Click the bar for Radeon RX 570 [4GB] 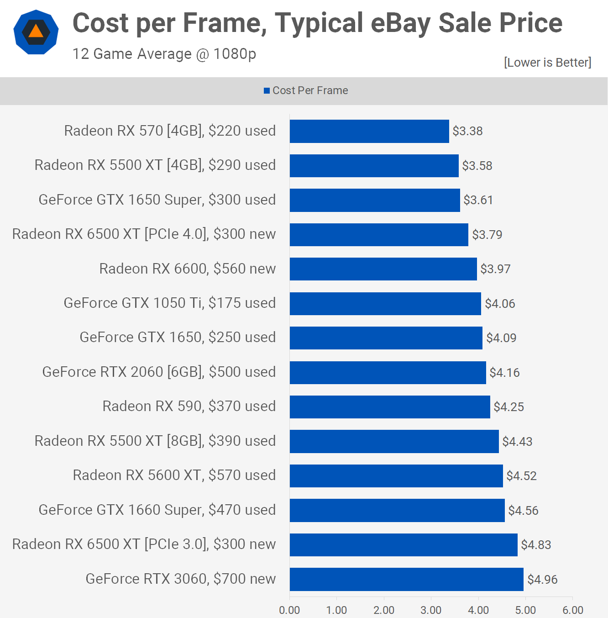(369, 131)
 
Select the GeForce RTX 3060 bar (406, 579)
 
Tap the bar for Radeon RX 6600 (383, 269)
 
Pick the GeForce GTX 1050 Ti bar (385, 303)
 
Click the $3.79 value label (487, 235)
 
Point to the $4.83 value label (536, 545)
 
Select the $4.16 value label (504, 373)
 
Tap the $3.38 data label (467, 131)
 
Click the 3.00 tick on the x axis (431, 610)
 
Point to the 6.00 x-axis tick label (572, 610)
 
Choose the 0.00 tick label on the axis (289, 610)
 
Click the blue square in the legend (267, 91)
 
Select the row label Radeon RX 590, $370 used (189, 406)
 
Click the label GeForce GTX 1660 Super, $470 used (157, 510)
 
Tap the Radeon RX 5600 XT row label (174, 475)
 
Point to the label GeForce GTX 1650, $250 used (178, 337)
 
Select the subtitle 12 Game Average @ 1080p (164, 54)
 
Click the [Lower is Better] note (547, 62)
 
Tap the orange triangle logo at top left (36, 32)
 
